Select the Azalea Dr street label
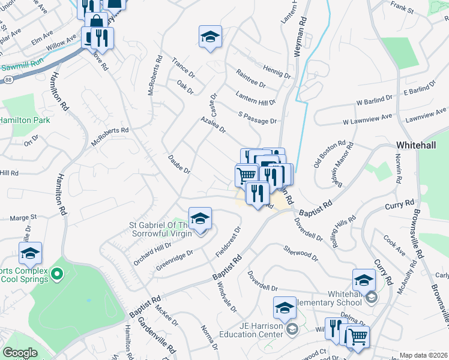click(213, 125)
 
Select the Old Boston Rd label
click(330, 155)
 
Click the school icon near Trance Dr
click(210, 37)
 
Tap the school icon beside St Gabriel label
click(200, 218)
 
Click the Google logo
click(20, 353)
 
